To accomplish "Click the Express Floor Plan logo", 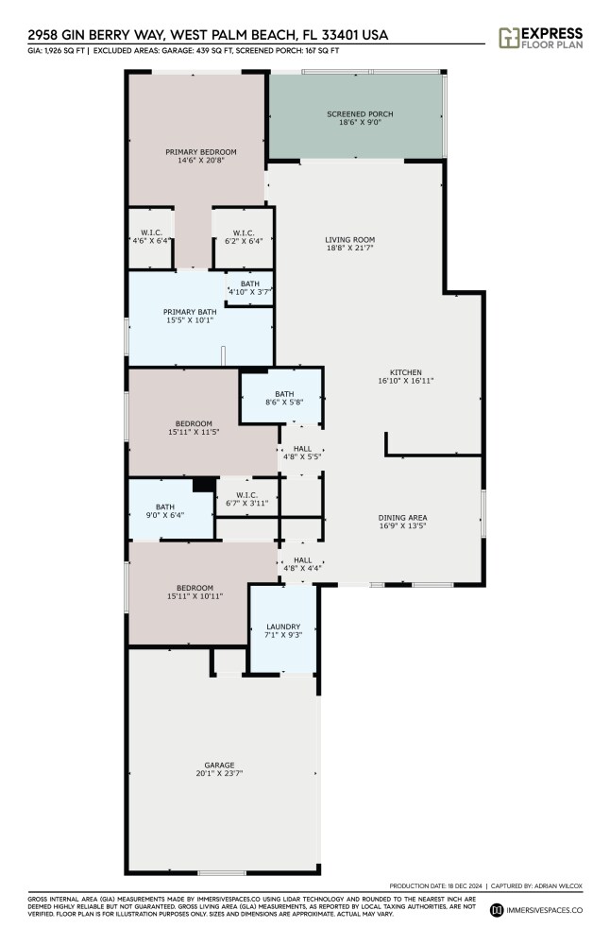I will coord(540,38).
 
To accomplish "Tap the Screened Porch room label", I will coord(360,114).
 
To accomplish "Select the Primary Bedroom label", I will coord(201,152).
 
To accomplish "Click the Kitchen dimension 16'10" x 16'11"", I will coord(406,380).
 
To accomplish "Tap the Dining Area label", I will coord(403,518).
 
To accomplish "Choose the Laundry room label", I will coord(283,627).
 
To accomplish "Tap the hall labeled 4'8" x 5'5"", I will coord(302,453).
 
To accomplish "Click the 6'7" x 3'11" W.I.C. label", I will coord(247,499).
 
